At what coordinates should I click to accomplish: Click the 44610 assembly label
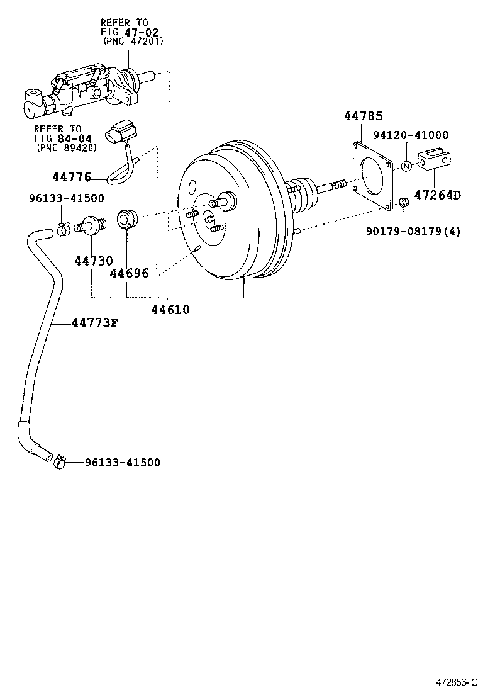[x=169, y=310]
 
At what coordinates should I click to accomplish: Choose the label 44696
[x=129, y=273]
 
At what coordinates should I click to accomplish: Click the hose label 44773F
[x=94, y=324]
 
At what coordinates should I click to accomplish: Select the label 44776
[x=72, y=178]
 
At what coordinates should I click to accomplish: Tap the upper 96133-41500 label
[x=66, y=198]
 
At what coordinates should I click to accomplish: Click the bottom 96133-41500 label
[x=122, y=463]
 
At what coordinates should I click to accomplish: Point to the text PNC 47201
[x=133, y=42]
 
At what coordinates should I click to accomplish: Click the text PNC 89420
[x=66, y=149]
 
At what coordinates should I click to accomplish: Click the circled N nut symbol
[x=407, y=166]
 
